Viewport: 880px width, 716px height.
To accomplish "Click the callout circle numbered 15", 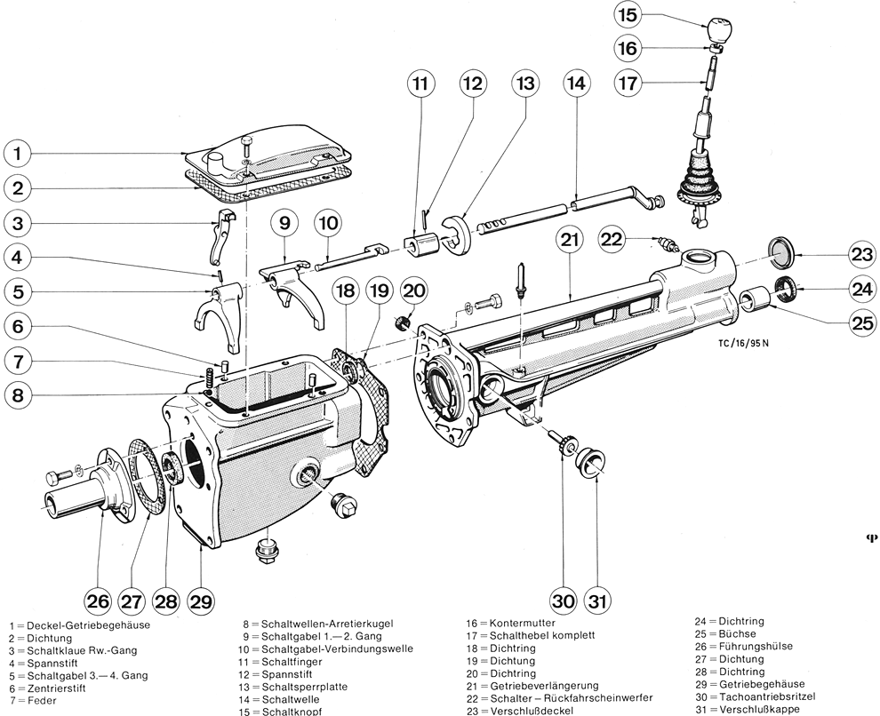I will coord(627,15).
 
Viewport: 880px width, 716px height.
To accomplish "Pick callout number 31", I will coord(598,601).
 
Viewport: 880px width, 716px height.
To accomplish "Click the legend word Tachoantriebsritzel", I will coord(772,696).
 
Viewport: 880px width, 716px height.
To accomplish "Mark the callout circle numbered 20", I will coord(414,289).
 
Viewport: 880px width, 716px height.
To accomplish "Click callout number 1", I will coord(19,154).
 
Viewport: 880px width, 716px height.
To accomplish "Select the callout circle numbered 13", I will coord(524,84).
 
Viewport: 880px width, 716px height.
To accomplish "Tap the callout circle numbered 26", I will coord(98,601).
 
